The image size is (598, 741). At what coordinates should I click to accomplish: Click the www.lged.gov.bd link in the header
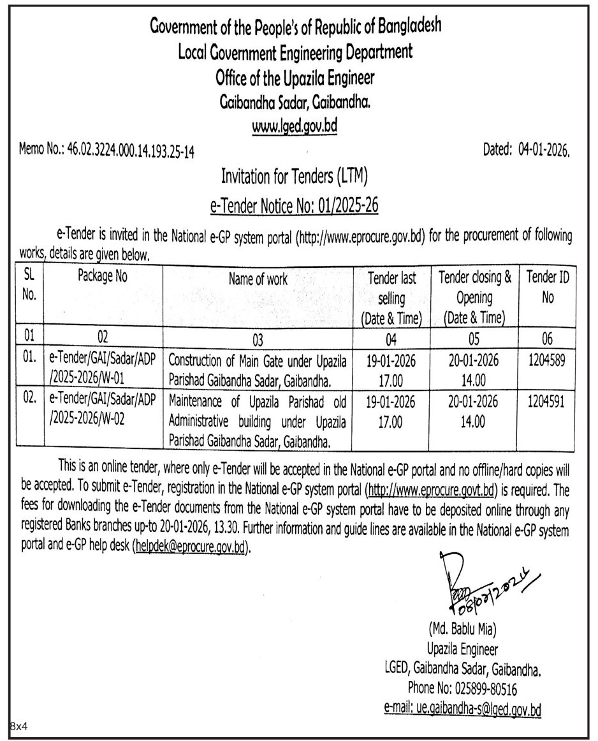pyautogui.click(x=294, y=126)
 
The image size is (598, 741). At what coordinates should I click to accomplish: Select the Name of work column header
pyautogui.click(x=259, y=279)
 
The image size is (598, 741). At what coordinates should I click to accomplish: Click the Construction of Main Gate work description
pyautogui.click(x=258, y=370)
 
